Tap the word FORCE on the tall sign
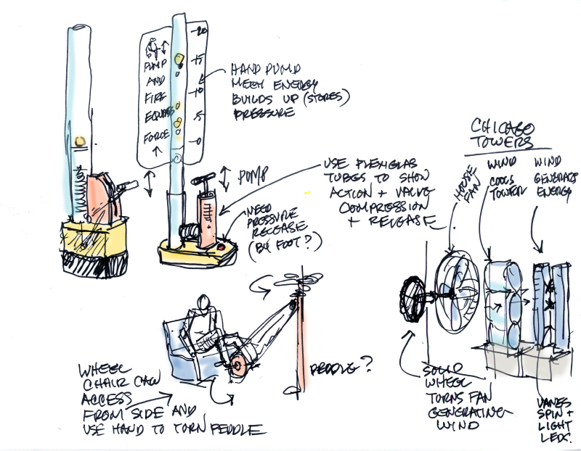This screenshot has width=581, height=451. point(155,135)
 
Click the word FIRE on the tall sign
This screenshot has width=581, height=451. point(155,97)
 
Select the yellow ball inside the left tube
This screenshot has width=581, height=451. point(81,141)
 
